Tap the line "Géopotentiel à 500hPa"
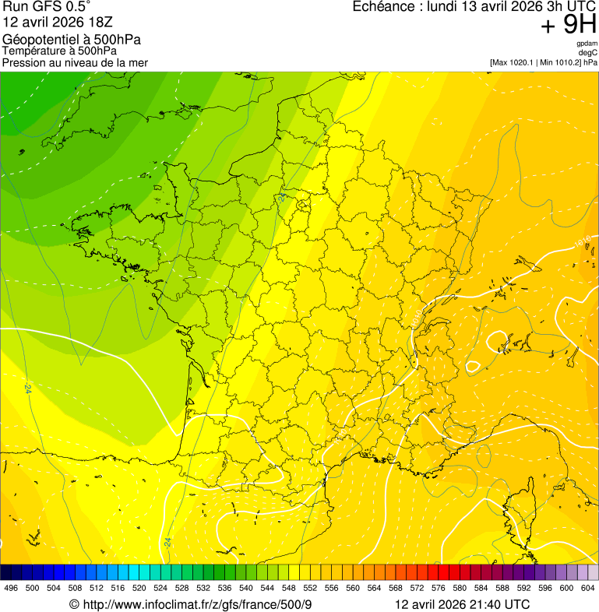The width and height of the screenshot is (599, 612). pos(72,40)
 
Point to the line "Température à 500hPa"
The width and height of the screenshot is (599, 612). pos(59,51)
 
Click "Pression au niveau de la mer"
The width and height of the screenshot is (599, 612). pos(75,62)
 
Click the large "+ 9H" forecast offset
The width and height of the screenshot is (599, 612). pos(569,26)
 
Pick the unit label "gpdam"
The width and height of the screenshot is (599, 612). pos(587,44)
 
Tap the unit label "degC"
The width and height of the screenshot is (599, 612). pos(588,53)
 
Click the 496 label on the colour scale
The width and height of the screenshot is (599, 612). pos(11,589)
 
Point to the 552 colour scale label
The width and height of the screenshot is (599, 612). pos(309,589)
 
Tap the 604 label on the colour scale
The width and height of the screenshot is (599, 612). pos(587,589)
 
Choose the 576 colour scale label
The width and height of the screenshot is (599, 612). pos(438,589)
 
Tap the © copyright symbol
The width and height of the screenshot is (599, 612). pos(74,605)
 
